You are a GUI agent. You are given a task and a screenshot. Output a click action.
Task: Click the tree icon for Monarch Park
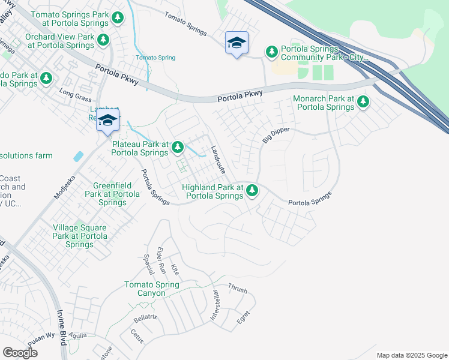[x=363, y=103]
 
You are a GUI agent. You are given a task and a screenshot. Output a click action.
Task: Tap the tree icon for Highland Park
[x=253, y=191]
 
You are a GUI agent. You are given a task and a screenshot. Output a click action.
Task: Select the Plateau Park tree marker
[x=178, y=147]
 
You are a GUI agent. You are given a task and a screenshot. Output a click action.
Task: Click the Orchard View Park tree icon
[x=104, y=40]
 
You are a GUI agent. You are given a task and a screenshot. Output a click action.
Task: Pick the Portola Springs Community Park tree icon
[x=272, y=52]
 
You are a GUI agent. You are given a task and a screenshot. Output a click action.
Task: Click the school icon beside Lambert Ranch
[x=107, y=120]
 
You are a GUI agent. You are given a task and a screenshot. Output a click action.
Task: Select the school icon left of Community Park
[x=237, y=43]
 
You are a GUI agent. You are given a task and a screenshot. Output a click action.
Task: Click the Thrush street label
[x=237, y=289]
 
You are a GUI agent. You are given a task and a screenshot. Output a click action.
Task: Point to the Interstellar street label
[x=214, y=305]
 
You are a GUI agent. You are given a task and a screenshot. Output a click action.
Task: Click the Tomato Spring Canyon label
[x=152, y=289]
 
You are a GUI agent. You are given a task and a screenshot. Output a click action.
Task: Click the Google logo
[x=20, y=352]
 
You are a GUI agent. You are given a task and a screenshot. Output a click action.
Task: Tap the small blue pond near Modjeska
[x=79, y=156]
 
